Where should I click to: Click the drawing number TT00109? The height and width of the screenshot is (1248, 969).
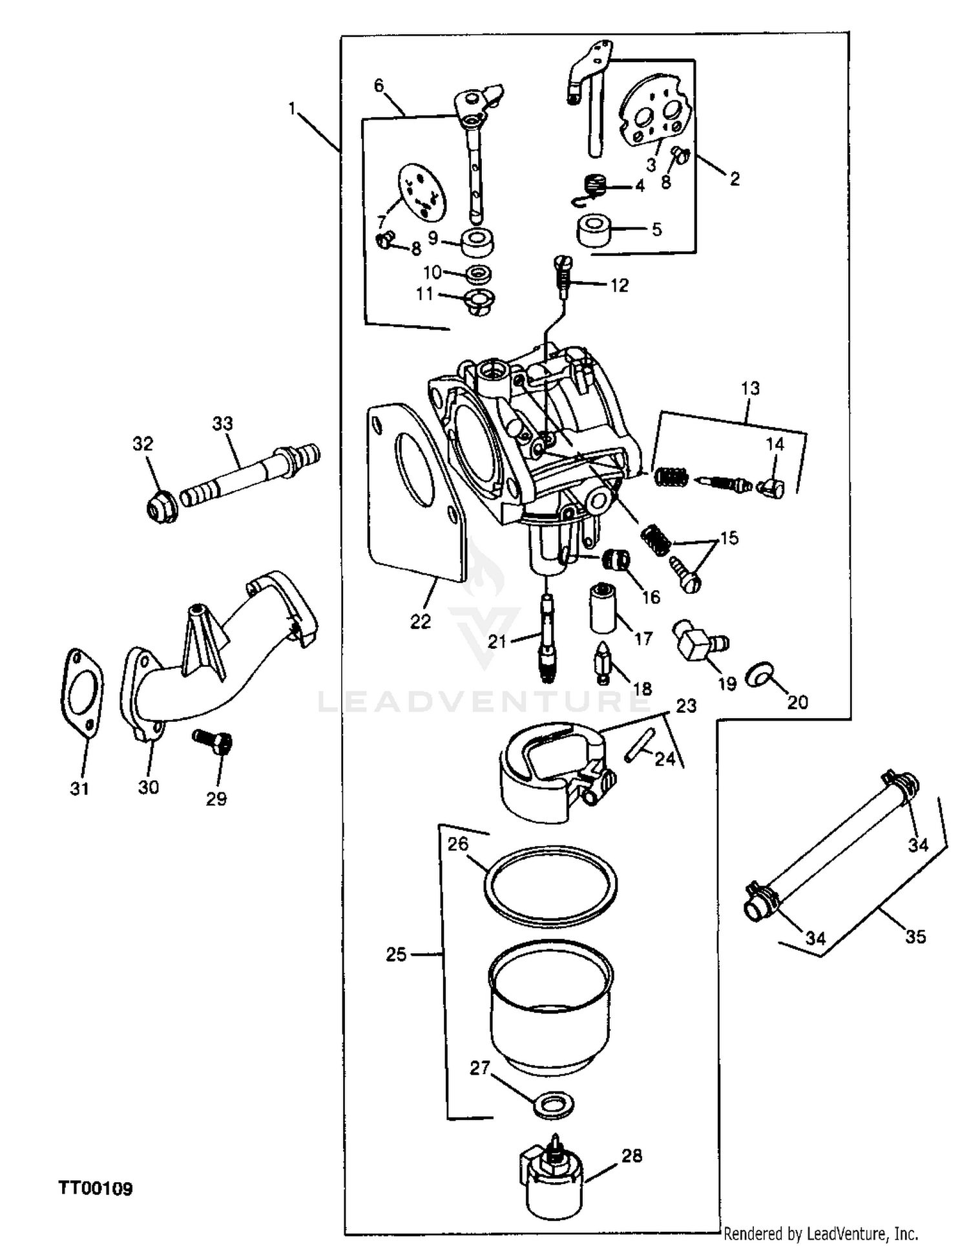click(x=96, y=1188)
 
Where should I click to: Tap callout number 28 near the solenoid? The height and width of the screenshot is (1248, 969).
click(x=631, y=1156)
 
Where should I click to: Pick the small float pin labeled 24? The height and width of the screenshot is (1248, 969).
click(x=640, y=745)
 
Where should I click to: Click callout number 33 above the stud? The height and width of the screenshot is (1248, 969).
click(x=222, y=424)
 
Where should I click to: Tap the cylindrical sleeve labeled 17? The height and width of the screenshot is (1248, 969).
click(x=603, y=609)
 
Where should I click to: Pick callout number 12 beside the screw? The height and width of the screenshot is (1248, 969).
click(x=619, y=285)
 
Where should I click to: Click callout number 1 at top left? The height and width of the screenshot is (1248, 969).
click(x=292, y=109)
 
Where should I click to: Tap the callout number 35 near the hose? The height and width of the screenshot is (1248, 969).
click(x=915, y=936)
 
